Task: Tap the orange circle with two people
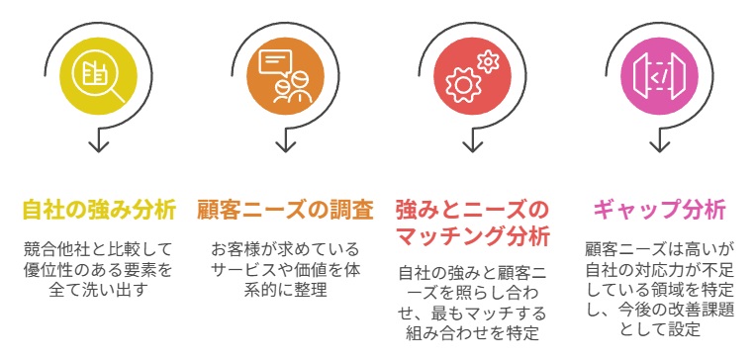(285, 76)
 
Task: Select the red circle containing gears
(471, 76)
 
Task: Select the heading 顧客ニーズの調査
(285, 210)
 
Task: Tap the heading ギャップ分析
(659, 210)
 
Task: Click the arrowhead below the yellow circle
(97, 145)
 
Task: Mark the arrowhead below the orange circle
(285, 145)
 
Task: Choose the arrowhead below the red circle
(472, 145)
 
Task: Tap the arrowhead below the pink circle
(659, 145)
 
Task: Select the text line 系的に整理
(285, 289)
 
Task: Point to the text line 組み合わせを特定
(472, 332)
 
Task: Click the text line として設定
(659, 332)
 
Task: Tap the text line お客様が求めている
(285, 248)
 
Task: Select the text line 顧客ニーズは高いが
(659, 247)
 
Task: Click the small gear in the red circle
(486, 61)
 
